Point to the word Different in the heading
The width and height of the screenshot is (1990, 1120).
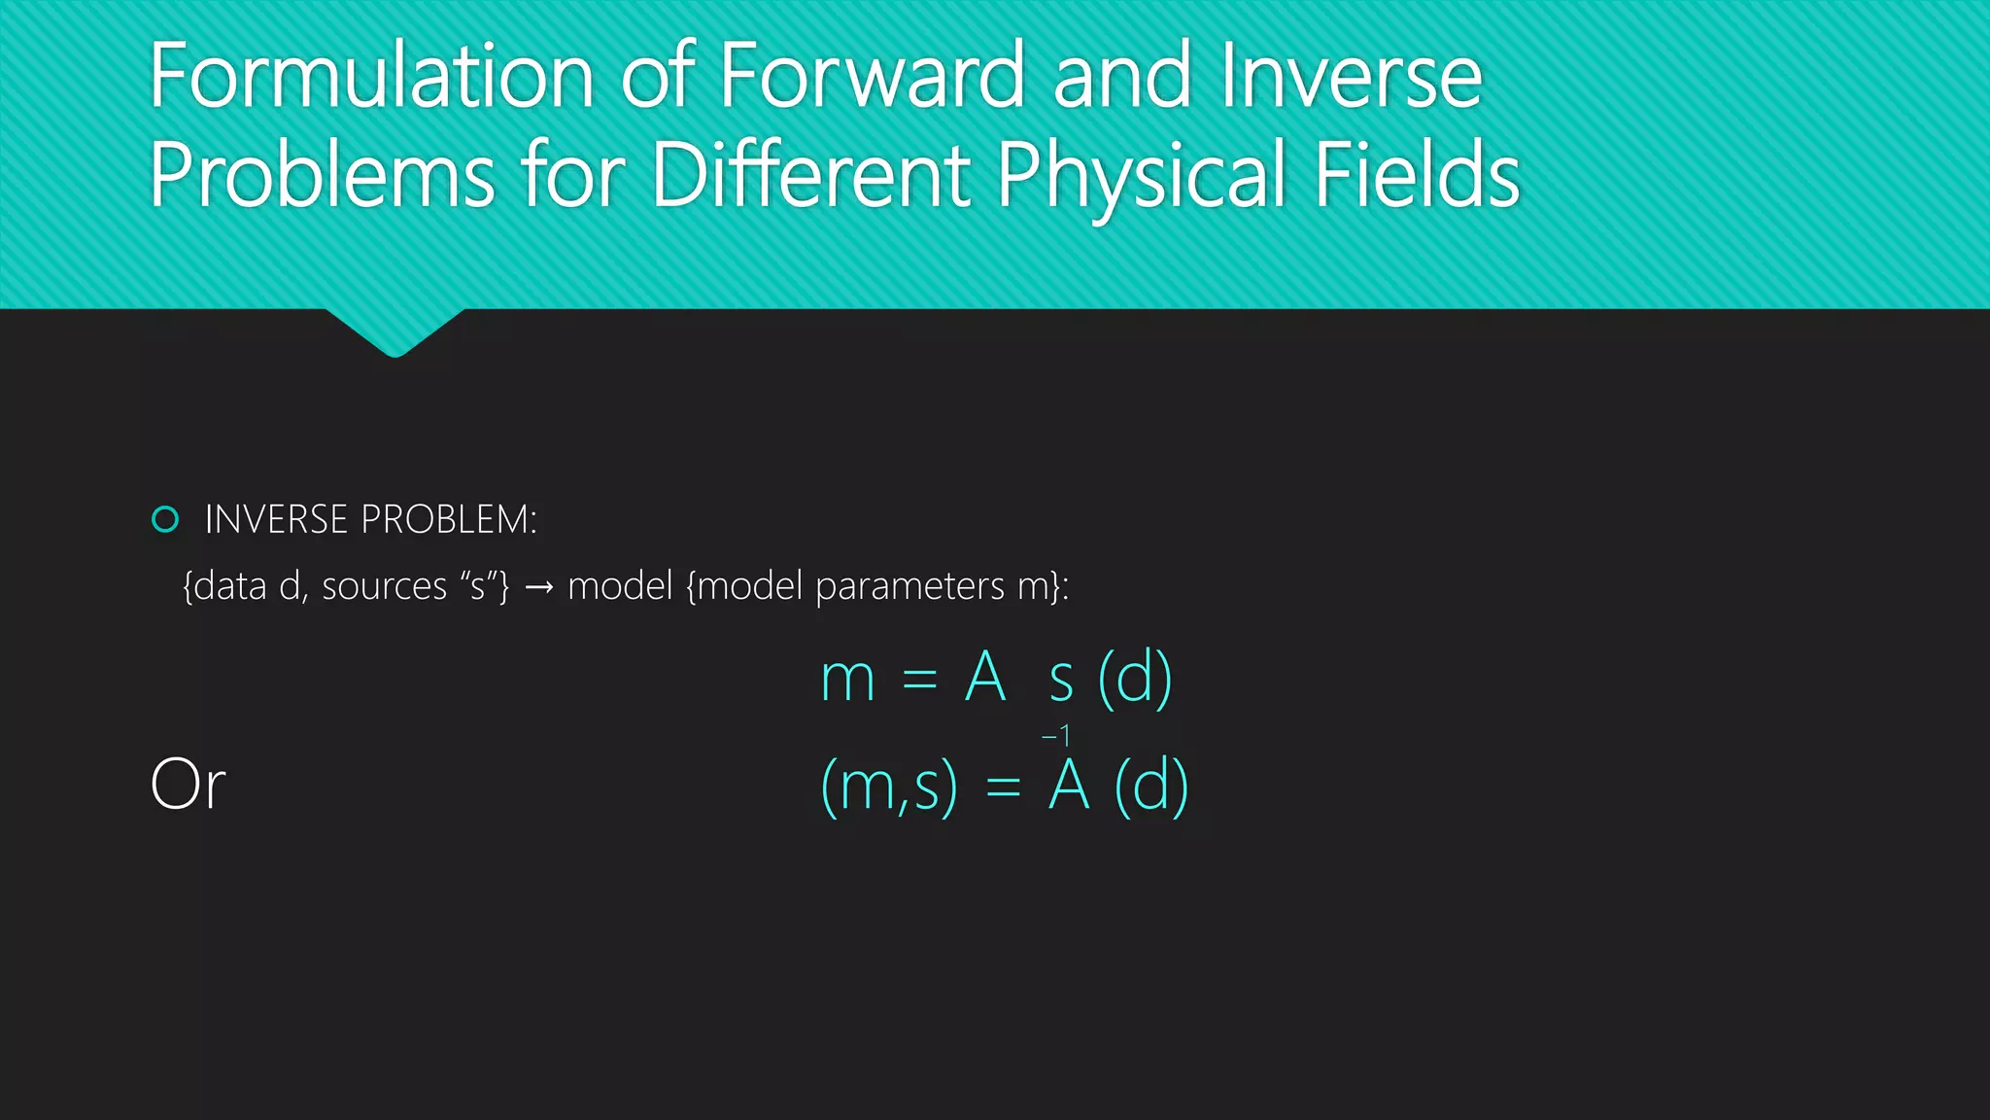pos(812,175)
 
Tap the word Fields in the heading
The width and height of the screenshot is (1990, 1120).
pos(1418,175)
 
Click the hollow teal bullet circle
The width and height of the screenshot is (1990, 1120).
pos(165,519)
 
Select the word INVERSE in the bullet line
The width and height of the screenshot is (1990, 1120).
pos(277,519)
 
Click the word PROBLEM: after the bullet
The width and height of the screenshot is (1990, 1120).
pos(449,519)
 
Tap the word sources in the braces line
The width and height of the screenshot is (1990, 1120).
pos(385,586)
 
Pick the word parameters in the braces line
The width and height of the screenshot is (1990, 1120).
pos(910,586)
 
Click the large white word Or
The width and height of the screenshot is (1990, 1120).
pos(188,785)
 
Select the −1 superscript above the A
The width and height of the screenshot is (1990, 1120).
pos(1056,736)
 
